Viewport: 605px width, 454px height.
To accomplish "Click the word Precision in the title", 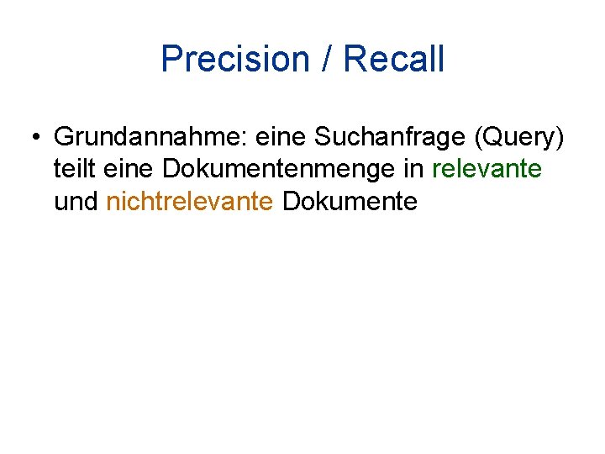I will click(x=235, y=60).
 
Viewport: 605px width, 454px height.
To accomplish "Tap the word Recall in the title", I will click(x=394, y=60).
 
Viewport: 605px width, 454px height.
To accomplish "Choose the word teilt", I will click(x=73, y=169).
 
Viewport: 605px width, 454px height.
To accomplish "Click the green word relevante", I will click(x=487, y=169).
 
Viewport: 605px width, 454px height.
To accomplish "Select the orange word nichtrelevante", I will click(x=190, y=202).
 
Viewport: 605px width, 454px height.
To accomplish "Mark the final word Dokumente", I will click(x=350, y=202).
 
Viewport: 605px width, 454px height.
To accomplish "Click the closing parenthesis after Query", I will click(x=559, y=137).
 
